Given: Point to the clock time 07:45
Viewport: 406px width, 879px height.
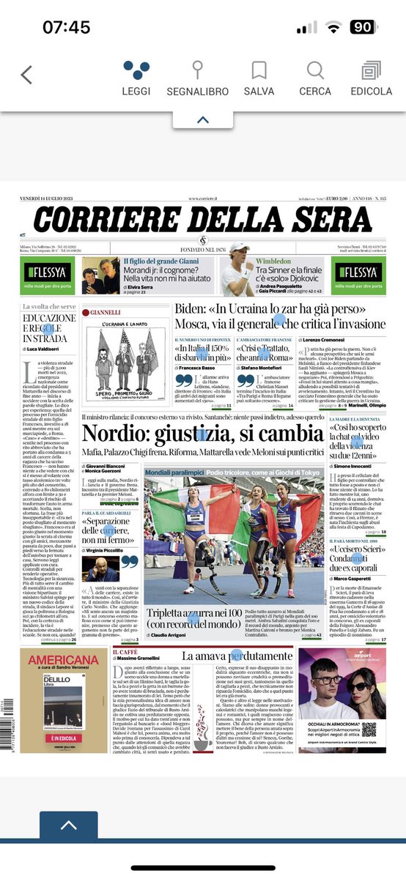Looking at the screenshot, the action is pyautogui.click(x=66, y=28).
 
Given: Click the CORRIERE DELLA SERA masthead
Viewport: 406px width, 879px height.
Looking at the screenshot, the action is pyautogui.click(x=202, y=221).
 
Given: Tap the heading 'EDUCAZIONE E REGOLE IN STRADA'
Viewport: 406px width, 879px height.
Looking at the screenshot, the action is pyautogui.click(x=49, y=328).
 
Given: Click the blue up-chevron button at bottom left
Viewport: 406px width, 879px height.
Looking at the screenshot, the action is pyautogui.click(x=67, y=826).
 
